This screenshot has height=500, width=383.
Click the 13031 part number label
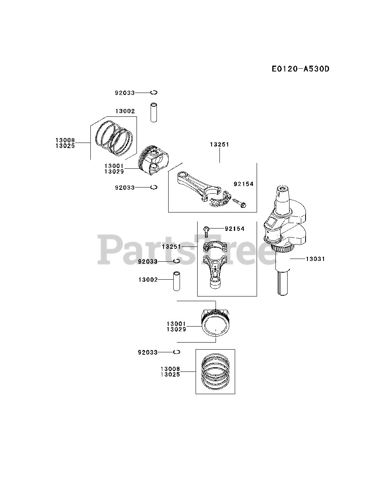coord(315,259)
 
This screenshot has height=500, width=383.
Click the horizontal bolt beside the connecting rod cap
coord(239,202)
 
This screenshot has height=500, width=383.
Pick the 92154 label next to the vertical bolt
coord(234,229)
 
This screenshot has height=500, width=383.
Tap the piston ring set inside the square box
coord(215,371)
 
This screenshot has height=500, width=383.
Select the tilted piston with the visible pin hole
coord(155,160)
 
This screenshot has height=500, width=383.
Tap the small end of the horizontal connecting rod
coord(182,177)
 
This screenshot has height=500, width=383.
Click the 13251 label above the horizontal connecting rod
coord(219,145)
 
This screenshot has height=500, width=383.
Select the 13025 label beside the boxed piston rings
coord(170,375)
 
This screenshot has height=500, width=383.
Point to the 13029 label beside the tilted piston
coord(114,171)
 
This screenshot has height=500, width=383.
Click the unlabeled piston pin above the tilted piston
coord(154,112)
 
